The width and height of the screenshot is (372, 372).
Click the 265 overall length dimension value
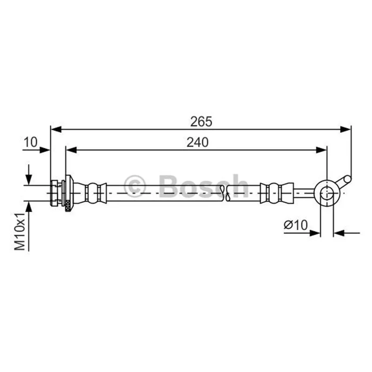point(201,122)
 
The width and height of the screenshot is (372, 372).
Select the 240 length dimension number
point(197,142)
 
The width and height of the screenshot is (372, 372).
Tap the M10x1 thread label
point(20,232)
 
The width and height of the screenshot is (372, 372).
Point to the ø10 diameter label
point(296,225)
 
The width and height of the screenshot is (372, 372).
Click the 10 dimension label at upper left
point(30,142)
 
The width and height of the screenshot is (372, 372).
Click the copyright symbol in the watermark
point(134,186)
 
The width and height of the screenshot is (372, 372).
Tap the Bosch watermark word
point(203,186)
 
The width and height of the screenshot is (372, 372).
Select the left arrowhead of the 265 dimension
point(56,129)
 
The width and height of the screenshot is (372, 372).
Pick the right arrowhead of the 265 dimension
point(345,129)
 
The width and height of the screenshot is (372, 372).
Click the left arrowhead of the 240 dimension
point(71,150)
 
